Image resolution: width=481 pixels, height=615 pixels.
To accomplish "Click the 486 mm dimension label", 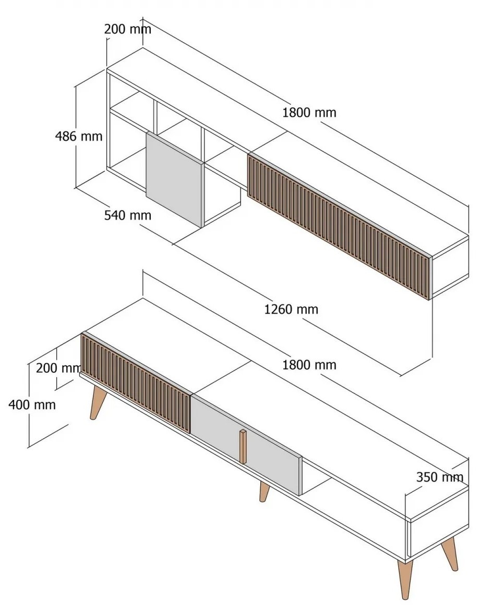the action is click(x=79, y=137).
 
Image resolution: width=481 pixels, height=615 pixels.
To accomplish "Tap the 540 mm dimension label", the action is click(x=128, y=215).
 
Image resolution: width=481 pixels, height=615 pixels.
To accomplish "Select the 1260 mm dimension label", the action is click(x=291, y=310).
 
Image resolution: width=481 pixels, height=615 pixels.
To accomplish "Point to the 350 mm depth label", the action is click(x=440, y=477).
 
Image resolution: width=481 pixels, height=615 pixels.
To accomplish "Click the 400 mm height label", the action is click(x=32, y=404).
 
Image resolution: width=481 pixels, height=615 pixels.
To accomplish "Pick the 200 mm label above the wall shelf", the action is click(x=128, y=29).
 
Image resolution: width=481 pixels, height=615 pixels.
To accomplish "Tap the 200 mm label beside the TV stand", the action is click(x=58, y=368).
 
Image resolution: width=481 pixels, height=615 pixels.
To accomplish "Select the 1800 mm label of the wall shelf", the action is click(x=309, y=113).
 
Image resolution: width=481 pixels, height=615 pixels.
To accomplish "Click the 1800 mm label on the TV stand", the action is click(x=309, y=365).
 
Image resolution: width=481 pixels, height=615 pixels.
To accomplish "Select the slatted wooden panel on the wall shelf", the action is click(x=339, y=226).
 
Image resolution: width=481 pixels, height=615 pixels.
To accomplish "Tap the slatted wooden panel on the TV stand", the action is click(x=136, y=383).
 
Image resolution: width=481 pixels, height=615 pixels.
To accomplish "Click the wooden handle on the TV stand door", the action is click(x=244, y=447).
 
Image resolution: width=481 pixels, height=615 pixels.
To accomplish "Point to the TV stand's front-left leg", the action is click(x=98, y=402).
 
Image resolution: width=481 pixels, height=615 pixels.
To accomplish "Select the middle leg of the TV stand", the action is click(x=264, y=492).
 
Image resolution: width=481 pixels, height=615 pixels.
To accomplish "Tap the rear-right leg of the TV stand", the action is click(x=450, y=554).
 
